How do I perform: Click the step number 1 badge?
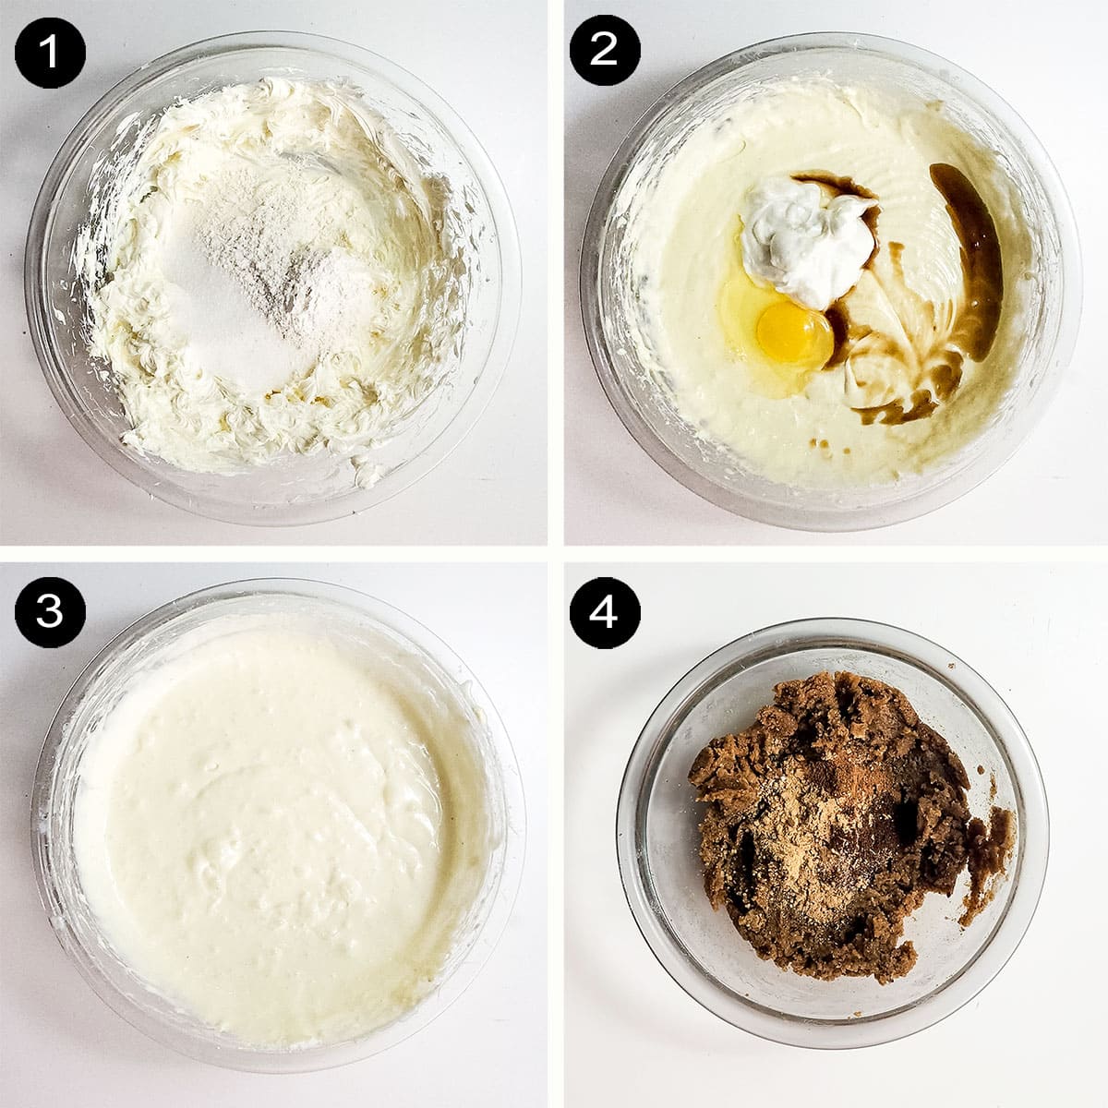[x=49, y=49]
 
